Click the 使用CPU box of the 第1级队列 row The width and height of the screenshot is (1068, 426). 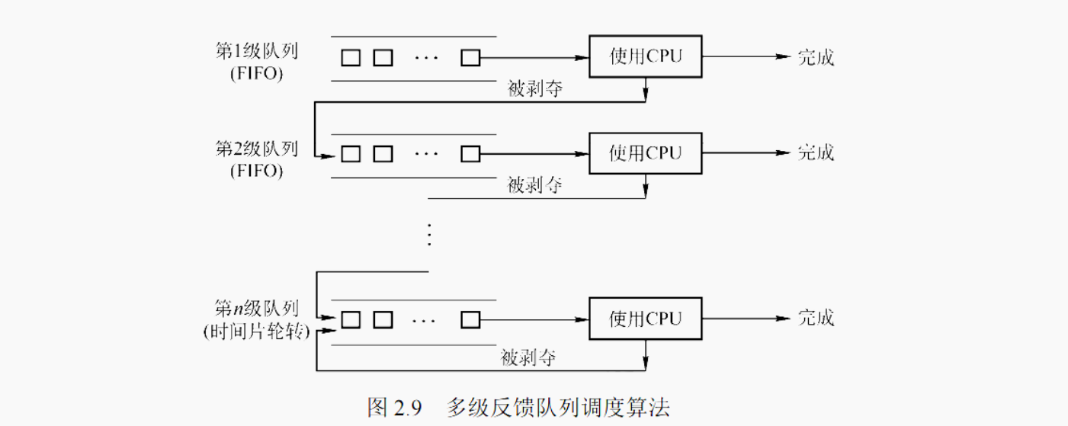pyautogui.click(x=646, y=56)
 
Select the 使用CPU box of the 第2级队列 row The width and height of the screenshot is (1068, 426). pyautogui.click(x=646, y=152)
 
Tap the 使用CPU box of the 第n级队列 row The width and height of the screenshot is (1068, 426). pyautogui.click(x=646, y=318)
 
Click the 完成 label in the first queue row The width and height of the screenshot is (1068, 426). pyautogui.click(x=816, y=57)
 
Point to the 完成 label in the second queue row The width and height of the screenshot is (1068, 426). pyautogui.click(x=816, y=152)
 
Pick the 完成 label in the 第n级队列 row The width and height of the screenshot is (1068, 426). pyautogui.click(x=816, y=318)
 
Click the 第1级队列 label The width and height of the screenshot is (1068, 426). pyautogui.click(x=257, y=52)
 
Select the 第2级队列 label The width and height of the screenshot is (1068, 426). pyautogui.click(x=257, y=148)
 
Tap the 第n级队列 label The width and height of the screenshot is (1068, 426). pyautogui.click(x=257, y=309)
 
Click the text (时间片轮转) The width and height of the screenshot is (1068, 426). pyautogui.click(x=257, y=332)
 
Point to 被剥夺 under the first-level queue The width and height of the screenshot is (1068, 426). pyautogui.click(x=535, y=88)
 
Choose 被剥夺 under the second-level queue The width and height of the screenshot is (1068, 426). pyautogui.click(x=535, y=184)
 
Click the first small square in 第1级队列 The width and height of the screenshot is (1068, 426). pyautogui.click(x=351, y=57)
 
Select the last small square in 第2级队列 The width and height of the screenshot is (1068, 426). pyautogui.click(x=470, y=153)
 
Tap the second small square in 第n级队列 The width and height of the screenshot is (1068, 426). pyautogui.click(x=383, y=319)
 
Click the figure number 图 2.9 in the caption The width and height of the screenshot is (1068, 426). pyautogui.click(x=394, y=406)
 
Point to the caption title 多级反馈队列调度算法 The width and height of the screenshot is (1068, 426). pyautogui.click(x=558, y=406)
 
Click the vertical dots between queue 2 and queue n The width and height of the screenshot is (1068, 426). pyautogui.click(x=428, y=233)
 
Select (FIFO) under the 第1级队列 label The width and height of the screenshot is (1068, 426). pyautogui.click(x=257, y=75)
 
